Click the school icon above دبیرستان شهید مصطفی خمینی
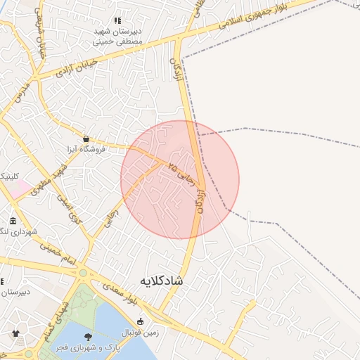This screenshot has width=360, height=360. point(117,20)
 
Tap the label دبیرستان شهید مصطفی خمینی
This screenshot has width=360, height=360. point(118,37)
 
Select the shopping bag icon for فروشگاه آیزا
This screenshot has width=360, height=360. point(86,139)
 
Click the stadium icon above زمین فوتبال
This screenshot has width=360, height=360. point(141,321)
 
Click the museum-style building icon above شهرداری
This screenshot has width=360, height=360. point(13,221)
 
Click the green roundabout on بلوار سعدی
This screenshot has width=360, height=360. point(84,272)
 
